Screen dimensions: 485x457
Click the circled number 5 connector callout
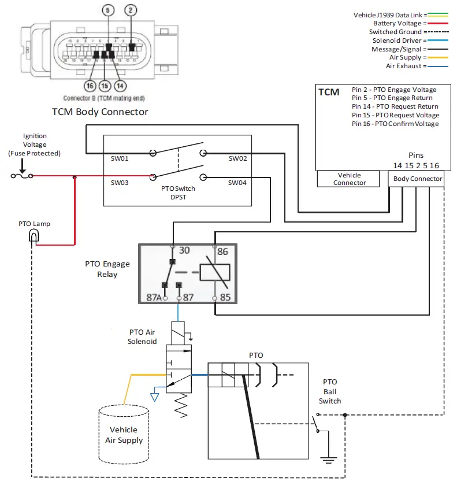coord(108,10)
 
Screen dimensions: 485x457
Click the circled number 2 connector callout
coord(131,10)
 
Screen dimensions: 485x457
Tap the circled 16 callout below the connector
coord(90,86)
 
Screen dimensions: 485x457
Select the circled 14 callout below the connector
coord(120,86)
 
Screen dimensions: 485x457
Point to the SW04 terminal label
coord(237,183)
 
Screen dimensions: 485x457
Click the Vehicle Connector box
coord(350,179)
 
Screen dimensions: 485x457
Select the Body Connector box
coord(418,179)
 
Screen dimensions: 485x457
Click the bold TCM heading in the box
coord(329,92)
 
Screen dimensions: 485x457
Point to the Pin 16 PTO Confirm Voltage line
coord(395,124)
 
